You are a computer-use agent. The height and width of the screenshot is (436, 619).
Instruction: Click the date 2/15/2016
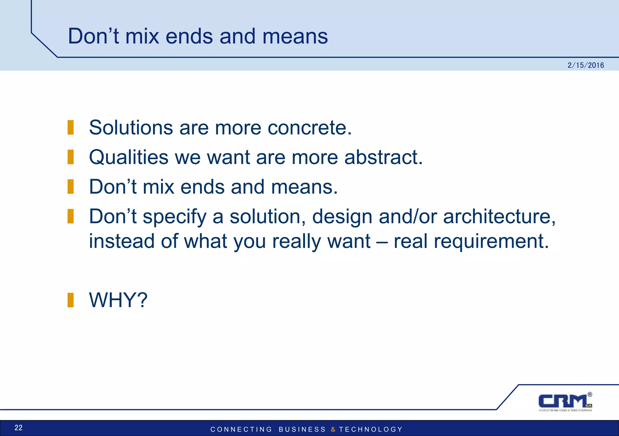[x=585, y=65]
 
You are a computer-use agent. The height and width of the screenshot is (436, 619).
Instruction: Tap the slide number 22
[x=18, y=428]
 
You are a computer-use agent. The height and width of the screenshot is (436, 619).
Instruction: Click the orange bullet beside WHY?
[x=70, y=300]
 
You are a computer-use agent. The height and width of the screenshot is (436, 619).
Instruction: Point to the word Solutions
[x=131, y=128]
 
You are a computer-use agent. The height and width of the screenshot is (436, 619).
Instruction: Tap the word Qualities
[x=128, y=157]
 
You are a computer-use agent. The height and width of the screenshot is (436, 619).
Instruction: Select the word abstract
[x=383, y=157]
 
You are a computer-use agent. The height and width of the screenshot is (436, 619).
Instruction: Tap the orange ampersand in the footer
[x=333, y=429]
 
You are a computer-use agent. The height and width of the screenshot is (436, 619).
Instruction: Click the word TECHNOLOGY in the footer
[x=371, y=429]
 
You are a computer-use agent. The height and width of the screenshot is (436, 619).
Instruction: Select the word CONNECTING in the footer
[x=241, y=429]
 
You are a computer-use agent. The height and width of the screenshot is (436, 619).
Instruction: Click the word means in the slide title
[x=295, y=37]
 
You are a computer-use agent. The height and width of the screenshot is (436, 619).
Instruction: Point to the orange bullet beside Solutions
[x=70, y=127]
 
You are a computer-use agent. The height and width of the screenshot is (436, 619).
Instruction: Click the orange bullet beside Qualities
[x=70, y=157]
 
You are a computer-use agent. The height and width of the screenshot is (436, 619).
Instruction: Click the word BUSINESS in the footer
[x=302, y=429]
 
